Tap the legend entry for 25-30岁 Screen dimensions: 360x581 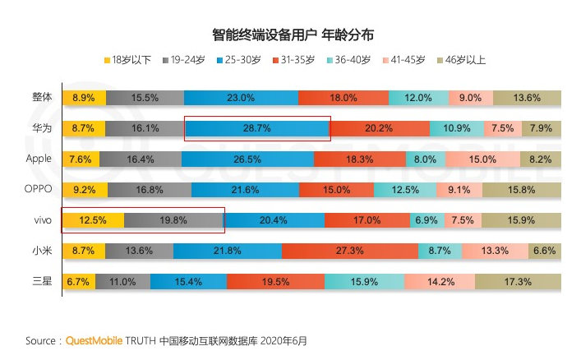[x=242, y=60]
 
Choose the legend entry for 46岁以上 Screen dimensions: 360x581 [x=463, y=60]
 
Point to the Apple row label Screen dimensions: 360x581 [x=38, y=159]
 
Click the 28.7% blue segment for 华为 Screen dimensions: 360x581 [x=257, y=128]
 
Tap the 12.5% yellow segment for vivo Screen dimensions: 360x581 [x=92, y=220]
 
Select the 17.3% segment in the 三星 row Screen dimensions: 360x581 [x=518, y=282]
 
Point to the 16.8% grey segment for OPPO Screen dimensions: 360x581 [x=150, y=190]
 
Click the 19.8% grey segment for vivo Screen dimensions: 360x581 [x=173, y=220]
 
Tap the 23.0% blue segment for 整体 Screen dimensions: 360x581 [x=240, y=97]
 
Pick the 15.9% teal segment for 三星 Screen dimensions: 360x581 [x=364, y=282]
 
